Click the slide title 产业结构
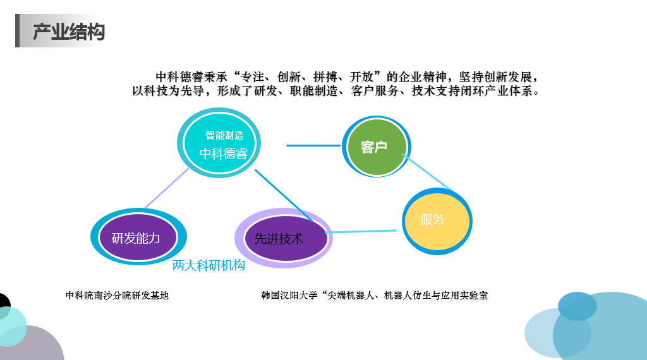(x=69, y=32)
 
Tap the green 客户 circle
(x=377, y=147)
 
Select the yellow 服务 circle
(x=437, y=222)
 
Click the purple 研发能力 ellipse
(x=138, y=237)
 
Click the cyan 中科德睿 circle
(x=219, y=143)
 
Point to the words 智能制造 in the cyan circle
(x=224, y=135)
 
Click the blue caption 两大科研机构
(x=209, y=265)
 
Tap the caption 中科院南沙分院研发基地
(x=117, y=295)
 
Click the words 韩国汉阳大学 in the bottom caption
(x=289, y=295)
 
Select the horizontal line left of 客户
(x=314, y=145)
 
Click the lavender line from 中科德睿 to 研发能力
(x=166, y=188)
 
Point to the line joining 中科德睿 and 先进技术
(x=284, y=195)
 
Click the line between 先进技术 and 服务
(x=361, y=231)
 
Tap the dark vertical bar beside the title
(x=17, y=30)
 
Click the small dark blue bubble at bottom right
(x=577, y=306)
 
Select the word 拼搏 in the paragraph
(x=325, y=76)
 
